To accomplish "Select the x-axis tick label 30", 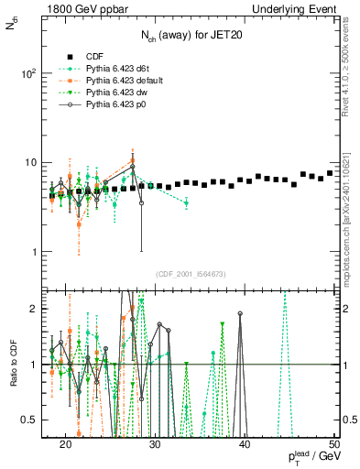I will tap(155, 444).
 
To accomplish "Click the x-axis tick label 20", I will tap(66, 444).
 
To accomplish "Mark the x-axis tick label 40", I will tap(245, 444).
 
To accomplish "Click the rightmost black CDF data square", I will tap(330, 173).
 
